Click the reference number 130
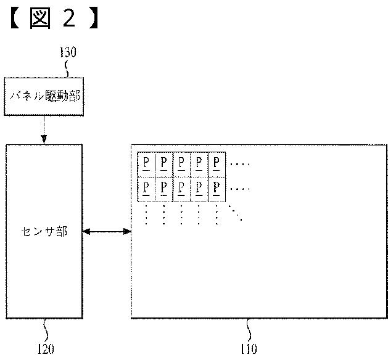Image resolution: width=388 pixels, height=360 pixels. pos(67,52)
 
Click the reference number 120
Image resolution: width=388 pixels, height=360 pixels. pos(45,348)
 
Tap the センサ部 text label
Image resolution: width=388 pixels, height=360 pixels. pos(44,232)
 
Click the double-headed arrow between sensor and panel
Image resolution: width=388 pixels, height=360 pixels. pos(107,232)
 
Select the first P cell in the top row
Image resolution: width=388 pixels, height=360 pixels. pos(146,163)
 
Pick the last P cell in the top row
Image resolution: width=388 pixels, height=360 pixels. pos(217,163)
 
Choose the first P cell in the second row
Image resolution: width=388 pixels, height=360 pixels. pos(146,188)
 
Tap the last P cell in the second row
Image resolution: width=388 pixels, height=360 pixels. pos(217,188)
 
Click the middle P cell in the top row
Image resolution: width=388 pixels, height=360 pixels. pos(181,163)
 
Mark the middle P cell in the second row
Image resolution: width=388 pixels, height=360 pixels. pos(181,188)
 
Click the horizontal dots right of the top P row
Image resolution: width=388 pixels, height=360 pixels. pos(239,165)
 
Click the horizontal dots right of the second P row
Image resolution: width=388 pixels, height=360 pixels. pos(239,188)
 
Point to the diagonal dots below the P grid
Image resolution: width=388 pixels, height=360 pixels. pos(236,213)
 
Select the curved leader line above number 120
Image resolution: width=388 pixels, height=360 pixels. pos(46,329)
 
